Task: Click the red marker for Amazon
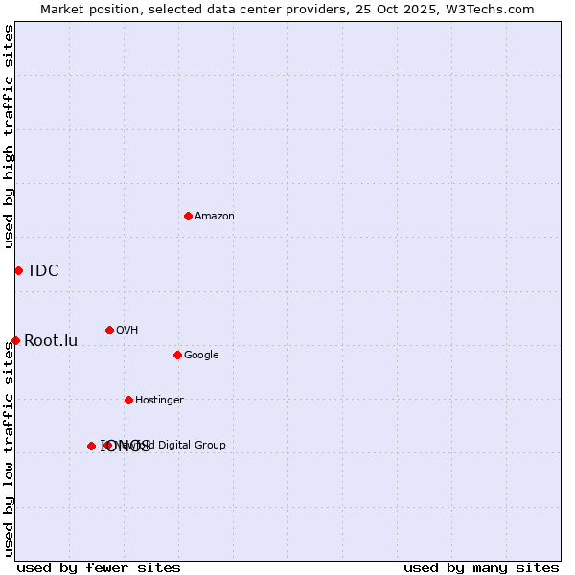[x=188, y=216]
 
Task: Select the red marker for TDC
[x=18, y=270]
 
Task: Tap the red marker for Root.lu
[x=15, y=340]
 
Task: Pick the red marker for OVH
[x=109, y=330]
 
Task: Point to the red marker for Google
[x=177, y=355]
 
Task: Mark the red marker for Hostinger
[x=128, y=400]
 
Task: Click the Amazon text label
[x=215, y=217]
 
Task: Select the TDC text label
[x=43, y=271]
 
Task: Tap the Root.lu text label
[x=51, y=341]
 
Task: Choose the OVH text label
[x=127, y=331]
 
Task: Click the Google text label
[x=201, y=356]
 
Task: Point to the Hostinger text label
[x=159, y=401]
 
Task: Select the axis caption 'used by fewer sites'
[x=99, y=567]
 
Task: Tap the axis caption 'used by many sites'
[x=481, y=567]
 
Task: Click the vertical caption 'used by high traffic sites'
[x=9, y=137]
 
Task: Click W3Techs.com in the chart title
[x=494, y=9]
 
